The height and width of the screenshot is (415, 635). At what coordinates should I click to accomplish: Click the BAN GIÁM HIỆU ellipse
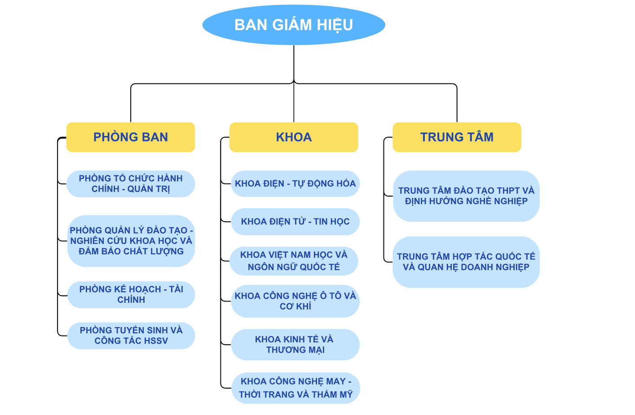coord(294,25)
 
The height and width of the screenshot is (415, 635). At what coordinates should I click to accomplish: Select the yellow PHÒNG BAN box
coord(131,137)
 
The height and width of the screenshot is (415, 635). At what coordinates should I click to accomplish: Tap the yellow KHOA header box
coord(294,137)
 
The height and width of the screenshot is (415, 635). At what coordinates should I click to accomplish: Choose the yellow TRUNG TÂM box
coord(457,137)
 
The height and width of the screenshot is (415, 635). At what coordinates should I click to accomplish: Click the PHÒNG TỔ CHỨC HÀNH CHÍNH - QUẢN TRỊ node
coord(131,184)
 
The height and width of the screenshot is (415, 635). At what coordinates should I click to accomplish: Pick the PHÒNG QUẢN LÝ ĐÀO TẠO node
coord(131,241)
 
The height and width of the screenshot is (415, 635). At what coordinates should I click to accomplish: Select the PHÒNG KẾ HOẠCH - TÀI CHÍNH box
coord(131,295)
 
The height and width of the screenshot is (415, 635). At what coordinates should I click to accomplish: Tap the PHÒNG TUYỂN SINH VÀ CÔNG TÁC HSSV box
coord(131,336)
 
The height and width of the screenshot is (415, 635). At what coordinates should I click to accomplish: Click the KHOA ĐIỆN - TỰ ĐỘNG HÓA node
coord(295,184)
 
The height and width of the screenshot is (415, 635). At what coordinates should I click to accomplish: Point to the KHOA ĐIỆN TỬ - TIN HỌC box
coord(295,222)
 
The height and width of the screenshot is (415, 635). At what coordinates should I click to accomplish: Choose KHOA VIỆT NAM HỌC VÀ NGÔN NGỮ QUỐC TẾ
coord(294,261)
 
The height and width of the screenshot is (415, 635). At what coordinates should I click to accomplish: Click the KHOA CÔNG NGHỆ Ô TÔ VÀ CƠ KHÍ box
coord(295,301)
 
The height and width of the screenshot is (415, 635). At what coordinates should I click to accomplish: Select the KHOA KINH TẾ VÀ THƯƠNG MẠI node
coord(295,345)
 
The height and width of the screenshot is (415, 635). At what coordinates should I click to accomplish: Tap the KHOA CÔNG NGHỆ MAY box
coord(295,388)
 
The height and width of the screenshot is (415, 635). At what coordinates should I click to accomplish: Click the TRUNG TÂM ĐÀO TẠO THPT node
coord(466,196)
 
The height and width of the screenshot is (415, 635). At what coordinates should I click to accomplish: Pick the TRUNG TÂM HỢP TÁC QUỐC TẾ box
coord(466,262)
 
